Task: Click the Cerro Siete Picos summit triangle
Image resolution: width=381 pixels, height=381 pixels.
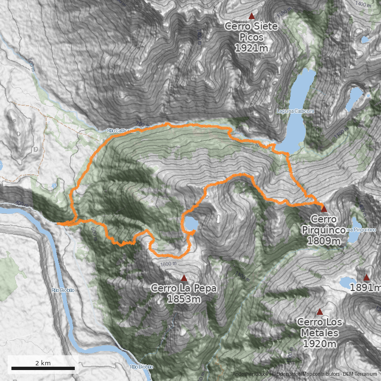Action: click(x=252, y=15)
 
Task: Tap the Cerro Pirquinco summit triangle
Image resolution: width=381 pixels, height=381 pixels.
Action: click(x=324, y=209)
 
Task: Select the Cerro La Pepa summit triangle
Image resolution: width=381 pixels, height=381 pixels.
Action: click(x=184, y=277)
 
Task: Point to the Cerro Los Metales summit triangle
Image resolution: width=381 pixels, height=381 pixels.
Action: click(x=320, y=312)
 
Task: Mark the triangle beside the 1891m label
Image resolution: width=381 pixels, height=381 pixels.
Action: click(x=366, y=278)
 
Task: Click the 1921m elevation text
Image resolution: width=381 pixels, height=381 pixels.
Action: click(x=251, y=48)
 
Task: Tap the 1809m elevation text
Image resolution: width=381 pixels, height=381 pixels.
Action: click(x=323, y=241)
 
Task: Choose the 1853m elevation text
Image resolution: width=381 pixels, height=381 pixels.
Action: click(x=184, y=299)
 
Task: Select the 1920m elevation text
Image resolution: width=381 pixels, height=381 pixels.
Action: click(x=320, y=344)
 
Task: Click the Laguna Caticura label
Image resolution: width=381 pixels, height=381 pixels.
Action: click(x=296, y=111)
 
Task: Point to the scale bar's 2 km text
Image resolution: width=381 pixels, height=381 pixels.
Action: click(x=43, y=363)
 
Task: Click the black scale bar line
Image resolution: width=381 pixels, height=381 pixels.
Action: click(x=43, y=368)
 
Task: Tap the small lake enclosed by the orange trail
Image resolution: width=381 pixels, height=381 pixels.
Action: click(x=191, y=223)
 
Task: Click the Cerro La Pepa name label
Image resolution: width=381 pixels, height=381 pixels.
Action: click(x=184, y=288)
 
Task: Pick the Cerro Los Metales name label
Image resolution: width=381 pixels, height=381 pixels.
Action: click(x=319, y=328)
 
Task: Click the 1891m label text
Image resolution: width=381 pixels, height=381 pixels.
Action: click(x=366, y=288)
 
